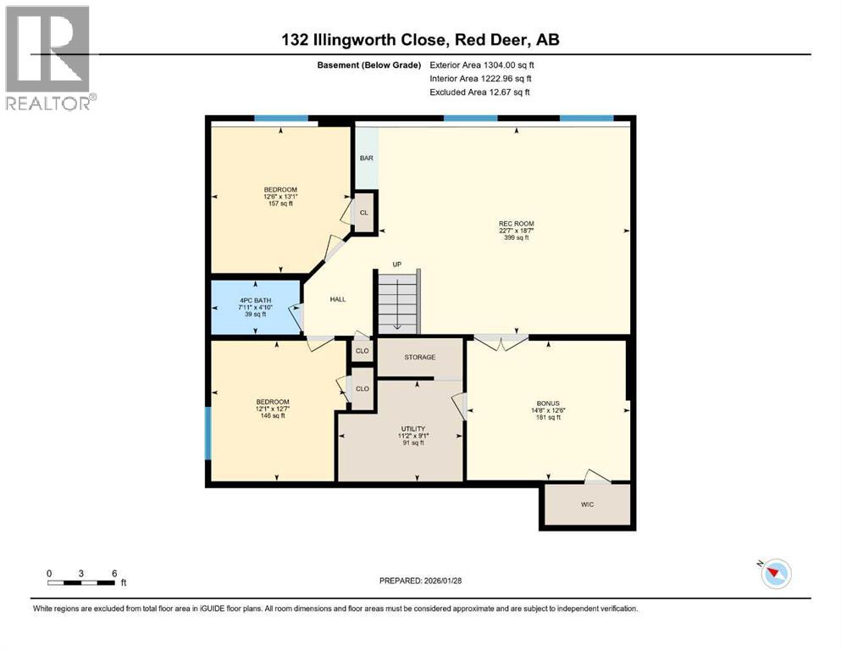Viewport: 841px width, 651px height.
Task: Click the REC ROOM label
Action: coord(516,224)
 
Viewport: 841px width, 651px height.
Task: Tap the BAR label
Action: coord(367,158)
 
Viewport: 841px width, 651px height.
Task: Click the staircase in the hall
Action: coord(397,302)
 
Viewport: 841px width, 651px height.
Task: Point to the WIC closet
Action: coord(587,505)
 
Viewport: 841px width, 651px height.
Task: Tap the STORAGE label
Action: coord(419,358)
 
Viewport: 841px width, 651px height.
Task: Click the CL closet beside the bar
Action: coord(364,214)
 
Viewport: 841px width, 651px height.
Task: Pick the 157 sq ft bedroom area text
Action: coord(280,203)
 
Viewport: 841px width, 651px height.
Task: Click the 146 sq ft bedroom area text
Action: coord(273,415)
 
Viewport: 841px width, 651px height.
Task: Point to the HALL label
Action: coord(338,298)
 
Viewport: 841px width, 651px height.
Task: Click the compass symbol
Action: coord(775,574)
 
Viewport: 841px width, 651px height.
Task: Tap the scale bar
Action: coord(81,582)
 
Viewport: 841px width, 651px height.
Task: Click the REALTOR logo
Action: coord(49,58)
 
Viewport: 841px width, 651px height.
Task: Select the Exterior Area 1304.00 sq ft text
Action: coord(482,64)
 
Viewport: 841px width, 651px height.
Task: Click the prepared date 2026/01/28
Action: coord(420,581)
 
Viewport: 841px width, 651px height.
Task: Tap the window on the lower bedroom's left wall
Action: coord(207,433)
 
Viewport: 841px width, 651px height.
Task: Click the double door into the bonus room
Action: coord(501,342)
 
